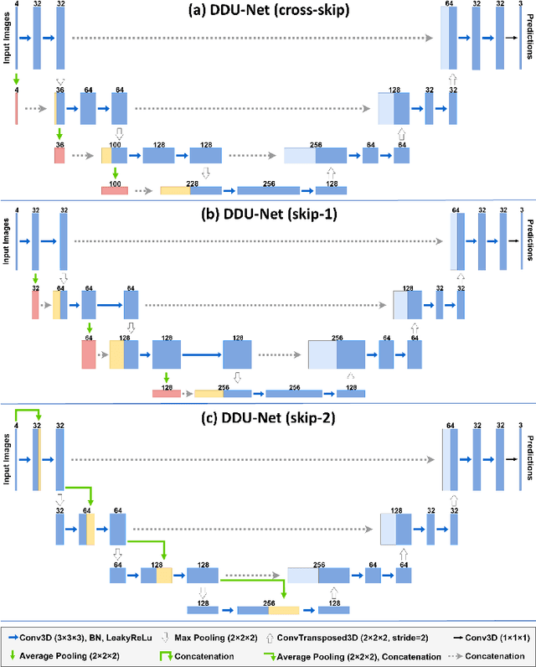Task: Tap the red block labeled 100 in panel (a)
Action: (x=115, y=191)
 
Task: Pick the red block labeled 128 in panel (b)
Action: (x=166, y=392)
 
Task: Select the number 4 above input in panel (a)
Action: (x=17, y=5)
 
